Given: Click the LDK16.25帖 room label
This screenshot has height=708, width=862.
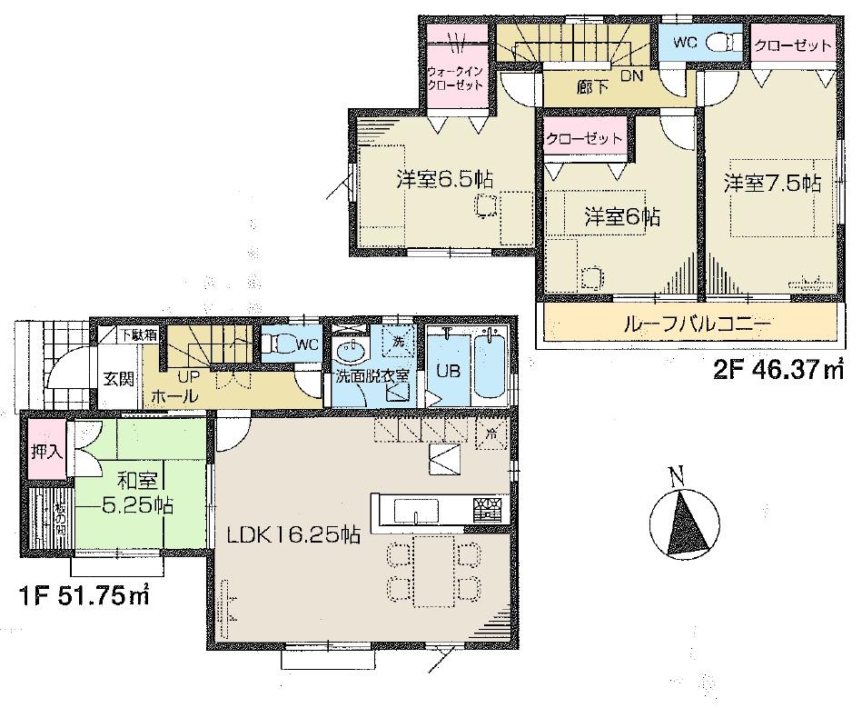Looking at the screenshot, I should (x=292, y=536).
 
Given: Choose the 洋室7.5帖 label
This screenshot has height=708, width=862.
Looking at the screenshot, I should (x=772, y=182).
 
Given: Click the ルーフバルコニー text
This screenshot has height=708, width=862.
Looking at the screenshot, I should (x=697, y=324).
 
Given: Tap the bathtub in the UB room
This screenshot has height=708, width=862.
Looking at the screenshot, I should (x=491, y=368).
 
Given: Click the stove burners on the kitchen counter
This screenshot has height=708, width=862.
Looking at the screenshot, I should (x=486, y=507).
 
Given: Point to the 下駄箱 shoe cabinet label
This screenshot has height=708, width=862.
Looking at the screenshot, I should (x=141, y=334).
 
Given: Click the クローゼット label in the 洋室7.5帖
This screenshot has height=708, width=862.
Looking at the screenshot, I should (x=793, y=45).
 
